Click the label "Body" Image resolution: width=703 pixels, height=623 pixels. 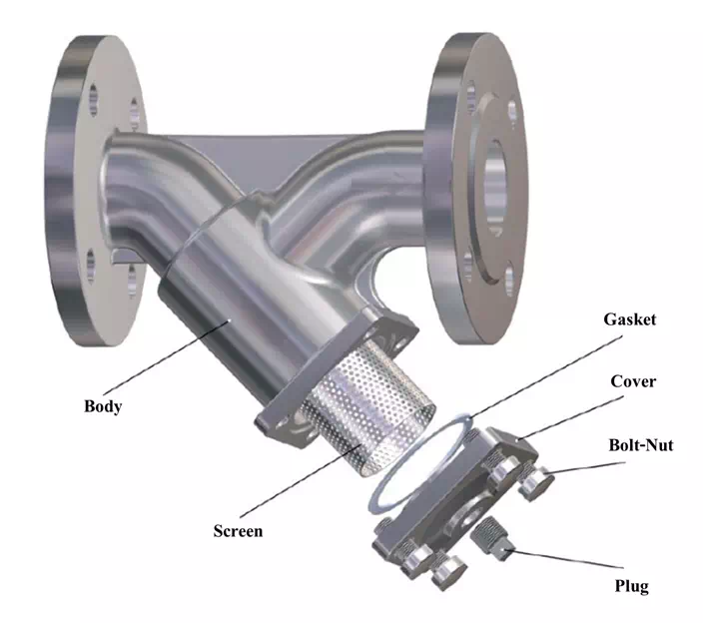[103, 406]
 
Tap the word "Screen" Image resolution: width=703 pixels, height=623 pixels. [238, 531]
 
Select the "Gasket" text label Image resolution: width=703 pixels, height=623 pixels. [629, 319]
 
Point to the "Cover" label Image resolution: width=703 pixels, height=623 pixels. [633, 381]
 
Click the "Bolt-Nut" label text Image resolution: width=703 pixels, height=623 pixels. [641, 445]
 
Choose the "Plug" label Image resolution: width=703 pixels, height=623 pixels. [631, 586]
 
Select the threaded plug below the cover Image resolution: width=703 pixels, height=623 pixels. [491, 538]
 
